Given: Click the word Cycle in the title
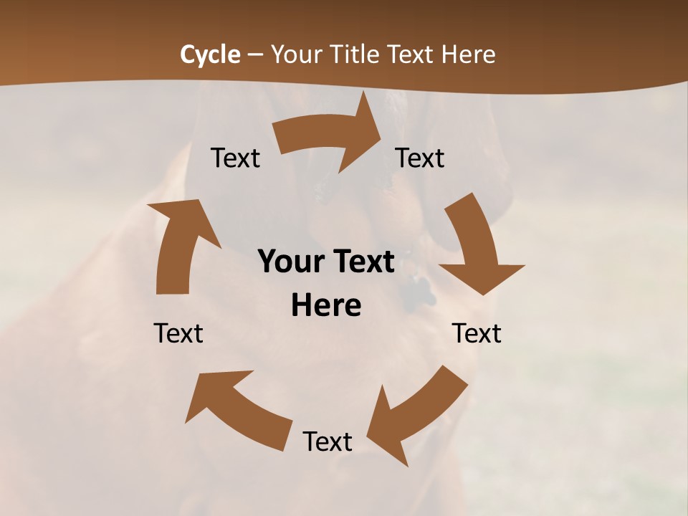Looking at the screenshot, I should click(x=209, y=54).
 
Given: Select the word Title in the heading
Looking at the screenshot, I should click(x=358, y=54).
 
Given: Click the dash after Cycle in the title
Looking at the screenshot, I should click(x=255, y=55).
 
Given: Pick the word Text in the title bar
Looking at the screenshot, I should click(x=414, y=54).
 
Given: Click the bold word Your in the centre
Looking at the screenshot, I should click(x=289, y=262).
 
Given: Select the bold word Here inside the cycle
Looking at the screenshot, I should click(x=326, y=306).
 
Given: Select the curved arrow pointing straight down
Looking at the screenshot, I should click(x=476, y=247).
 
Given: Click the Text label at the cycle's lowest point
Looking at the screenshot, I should click(x=328, y=441).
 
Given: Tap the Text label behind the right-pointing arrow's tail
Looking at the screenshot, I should click(x=236, y=158).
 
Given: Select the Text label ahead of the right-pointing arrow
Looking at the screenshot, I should click(x=420, y=158).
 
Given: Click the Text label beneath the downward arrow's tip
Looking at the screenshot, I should click(x=477, y=333).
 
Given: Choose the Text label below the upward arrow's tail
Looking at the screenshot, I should click(x=178, y=333).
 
